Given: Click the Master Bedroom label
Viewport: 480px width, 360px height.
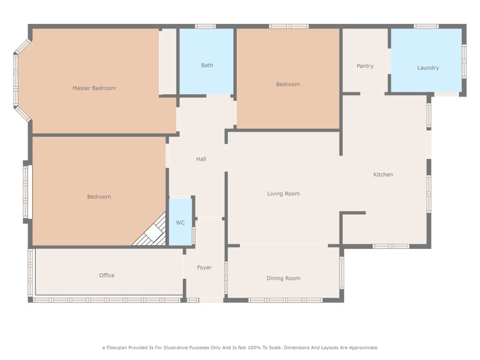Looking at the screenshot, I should [x=94, y=88].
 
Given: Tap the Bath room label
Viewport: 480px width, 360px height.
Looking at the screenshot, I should [x=207, y=65].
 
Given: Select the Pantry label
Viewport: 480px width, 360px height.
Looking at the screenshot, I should [x=365, y=66].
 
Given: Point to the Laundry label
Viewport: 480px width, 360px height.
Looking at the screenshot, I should [x=428, y=68].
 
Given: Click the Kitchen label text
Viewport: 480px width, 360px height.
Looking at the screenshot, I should [x=383, y=175].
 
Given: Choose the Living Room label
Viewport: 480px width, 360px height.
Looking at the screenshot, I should [x=283, y=194].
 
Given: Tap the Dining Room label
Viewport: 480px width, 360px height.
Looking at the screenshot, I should [x=283, y=278].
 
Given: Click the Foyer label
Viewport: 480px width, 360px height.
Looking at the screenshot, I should [x=204, y=268].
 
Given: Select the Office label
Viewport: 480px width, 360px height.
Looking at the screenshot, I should [x=106, y=275].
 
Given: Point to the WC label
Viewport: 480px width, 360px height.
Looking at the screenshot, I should [x=180, y=223].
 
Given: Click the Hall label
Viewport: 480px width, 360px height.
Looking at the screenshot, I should [x=201, y=159].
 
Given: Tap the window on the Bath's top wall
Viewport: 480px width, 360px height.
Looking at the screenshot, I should [x=205, y=26].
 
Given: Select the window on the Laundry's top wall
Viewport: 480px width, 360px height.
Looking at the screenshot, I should [x=426, y=26].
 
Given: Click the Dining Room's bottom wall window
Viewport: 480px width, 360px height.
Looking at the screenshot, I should [x=285, y=300].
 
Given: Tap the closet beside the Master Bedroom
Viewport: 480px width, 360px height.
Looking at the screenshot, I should [x=169, y=61].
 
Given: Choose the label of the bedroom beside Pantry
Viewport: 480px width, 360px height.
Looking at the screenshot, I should [x=287, y=85].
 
